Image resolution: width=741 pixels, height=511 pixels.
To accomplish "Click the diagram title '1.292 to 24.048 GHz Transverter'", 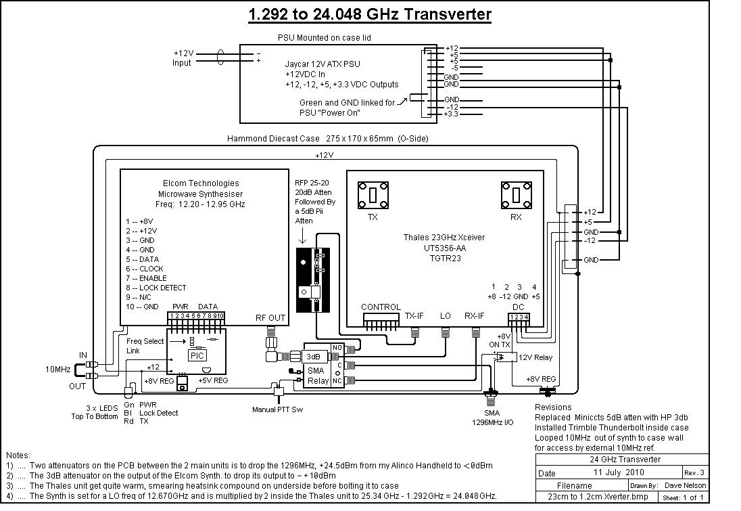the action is (370, 14).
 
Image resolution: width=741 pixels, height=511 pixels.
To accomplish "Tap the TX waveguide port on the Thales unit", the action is (373, 195).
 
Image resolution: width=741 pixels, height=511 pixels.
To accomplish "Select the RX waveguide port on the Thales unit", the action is (517, 195).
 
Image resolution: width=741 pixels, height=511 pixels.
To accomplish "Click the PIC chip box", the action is (197, 355).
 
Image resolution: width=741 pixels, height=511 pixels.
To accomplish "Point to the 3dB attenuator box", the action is (313, 356).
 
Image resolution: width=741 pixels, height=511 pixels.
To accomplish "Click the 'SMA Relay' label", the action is (318, 376).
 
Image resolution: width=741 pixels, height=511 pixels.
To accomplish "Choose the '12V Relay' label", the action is (535, 357).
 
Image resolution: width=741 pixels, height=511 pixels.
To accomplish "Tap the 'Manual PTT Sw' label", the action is (277, 409).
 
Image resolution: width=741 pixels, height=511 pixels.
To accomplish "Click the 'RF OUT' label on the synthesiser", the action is (270, 318).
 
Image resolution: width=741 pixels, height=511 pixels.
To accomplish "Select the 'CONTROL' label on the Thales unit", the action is (381, 307).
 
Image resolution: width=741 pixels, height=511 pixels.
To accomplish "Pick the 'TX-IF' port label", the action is (414, 315).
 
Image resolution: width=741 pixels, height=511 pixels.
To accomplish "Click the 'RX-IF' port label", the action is (475, 315).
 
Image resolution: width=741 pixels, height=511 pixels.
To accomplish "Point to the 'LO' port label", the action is (445, 315).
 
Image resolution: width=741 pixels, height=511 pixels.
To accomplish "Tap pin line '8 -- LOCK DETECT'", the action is (156, 288).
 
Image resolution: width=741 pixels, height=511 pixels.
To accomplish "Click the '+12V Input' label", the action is (183, 58).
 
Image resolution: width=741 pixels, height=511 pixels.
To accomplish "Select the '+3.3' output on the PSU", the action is (451, 114).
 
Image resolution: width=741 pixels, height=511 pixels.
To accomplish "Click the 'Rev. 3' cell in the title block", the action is (694, 472).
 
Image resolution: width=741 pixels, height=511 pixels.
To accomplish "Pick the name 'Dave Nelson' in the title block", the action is (686, 485).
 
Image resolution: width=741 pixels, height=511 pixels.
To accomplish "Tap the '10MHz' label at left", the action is (57, 369).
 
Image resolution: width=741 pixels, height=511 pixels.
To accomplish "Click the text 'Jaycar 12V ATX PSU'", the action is (322, 64).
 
